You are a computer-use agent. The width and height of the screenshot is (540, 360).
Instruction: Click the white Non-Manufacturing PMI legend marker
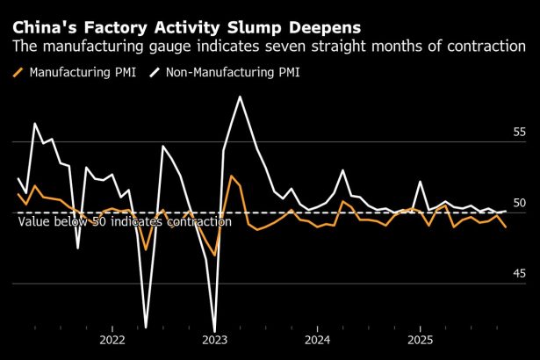pos(157,72)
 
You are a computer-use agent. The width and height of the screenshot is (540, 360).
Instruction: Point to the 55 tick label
pos(520,132)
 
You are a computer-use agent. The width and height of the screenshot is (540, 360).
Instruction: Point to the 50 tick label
pos(520,203)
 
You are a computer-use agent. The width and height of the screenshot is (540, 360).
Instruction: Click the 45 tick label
pos(520,274)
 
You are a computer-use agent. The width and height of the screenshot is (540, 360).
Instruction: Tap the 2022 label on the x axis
pos(112,340)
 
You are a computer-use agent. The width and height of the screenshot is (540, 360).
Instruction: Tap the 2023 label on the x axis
pos(215,340)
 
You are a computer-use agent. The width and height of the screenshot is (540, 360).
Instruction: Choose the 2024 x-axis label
pos(318,340)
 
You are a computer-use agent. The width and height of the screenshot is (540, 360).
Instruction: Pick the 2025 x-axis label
pos(420,340)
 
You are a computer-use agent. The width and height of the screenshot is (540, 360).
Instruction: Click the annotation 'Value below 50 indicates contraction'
pos(125,222)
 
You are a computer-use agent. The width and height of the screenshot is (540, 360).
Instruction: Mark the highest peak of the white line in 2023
pos(240,97)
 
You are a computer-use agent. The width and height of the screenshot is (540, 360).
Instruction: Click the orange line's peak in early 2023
pos(231,176)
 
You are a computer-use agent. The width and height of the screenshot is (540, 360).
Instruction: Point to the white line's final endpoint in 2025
pos(505,211)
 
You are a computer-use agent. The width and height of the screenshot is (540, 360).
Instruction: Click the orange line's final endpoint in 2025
pos(505,227)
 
